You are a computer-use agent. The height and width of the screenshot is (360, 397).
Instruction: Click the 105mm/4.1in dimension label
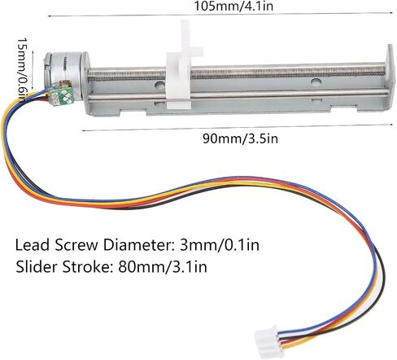point(233,6)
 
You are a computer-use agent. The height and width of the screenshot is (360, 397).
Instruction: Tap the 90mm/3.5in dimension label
point(241,138)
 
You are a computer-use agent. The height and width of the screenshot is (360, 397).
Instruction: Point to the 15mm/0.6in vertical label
point(22,68)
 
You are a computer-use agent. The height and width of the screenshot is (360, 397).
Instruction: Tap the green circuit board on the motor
point(62,95)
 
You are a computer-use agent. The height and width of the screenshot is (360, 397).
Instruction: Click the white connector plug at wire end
point(266,341)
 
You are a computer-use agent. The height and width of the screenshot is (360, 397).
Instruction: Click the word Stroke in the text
point(88,266)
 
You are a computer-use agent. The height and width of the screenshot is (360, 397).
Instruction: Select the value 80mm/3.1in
point(163,266)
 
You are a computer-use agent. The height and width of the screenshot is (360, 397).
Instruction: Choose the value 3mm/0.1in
point(220,245)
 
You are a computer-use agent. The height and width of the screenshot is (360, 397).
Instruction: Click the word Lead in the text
point(33,245)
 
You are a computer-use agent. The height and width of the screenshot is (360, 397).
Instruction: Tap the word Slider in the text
point(37,266)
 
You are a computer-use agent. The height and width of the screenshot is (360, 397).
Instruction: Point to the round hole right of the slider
point(316,81)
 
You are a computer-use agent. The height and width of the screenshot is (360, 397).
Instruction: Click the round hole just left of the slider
point(159,85)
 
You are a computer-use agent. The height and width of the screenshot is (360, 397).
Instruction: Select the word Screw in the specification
point(76,245)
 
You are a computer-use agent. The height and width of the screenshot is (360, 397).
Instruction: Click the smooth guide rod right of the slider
point(288,94)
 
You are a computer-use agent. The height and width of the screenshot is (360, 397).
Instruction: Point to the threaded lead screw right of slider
point(288,72)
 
